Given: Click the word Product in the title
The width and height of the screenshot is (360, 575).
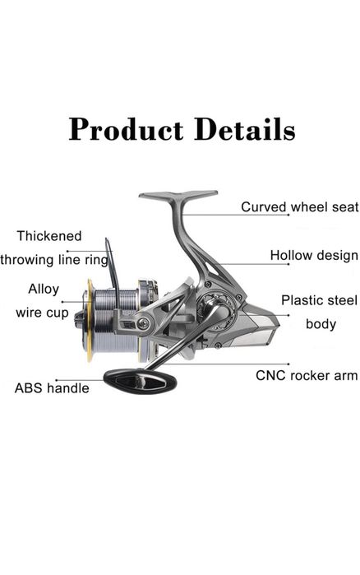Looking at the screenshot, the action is click(127, 129).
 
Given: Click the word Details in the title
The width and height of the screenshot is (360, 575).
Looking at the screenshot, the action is click(245, 129).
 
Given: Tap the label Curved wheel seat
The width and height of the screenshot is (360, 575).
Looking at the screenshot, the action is click(299, 206).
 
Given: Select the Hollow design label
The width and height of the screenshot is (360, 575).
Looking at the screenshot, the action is click(314, 255).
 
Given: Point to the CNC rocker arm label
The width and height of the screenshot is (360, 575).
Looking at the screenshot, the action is click(307, 375).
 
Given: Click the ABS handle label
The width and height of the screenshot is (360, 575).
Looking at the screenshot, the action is click(52, 388).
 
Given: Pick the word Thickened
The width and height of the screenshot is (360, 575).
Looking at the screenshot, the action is click(49, 236).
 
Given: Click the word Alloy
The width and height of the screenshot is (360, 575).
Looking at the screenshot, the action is click(44, 289).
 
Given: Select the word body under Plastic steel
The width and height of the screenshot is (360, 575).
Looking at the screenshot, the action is click(321, 324).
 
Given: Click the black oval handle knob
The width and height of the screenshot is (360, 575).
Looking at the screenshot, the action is click(141, 382).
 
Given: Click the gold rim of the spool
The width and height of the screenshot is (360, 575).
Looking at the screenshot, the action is click(90, 320).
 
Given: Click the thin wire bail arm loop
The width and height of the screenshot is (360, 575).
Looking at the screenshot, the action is click(112, 271).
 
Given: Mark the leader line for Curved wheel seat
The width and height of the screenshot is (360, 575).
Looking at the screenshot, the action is click(235, 215).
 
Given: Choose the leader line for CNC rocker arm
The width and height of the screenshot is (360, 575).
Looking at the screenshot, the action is click(224, 364).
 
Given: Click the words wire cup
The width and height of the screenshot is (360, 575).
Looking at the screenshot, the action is click(42, 313).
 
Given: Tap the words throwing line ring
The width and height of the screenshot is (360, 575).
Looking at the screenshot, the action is click(54, 260).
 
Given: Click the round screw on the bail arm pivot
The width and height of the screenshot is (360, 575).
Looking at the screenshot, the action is click(143, 323).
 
